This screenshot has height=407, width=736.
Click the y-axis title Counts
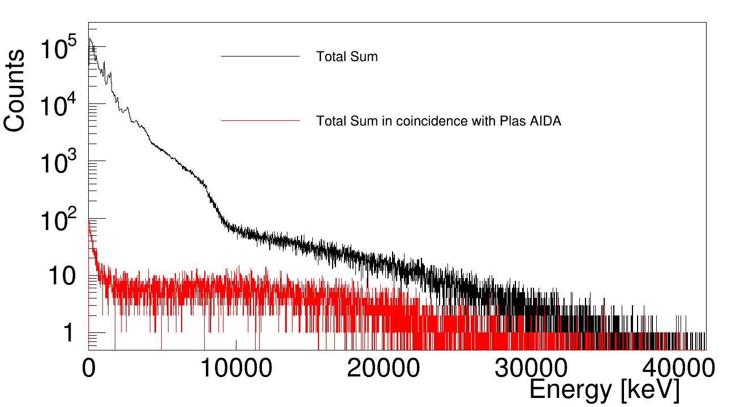click(x=15, y=90)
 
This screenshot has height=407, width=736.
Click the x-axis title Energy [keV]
click(x=604, y=390)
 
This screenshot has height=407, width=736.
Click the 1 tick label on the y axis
click(x=68, y=333)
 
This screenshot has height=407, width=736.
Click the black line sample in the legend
click(x=260, y=57)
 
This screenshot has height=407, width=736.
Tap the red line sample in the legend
click(x=260, y=121)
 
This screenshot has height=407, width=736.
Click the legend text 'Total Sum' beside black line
click(x=347, y=57)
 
